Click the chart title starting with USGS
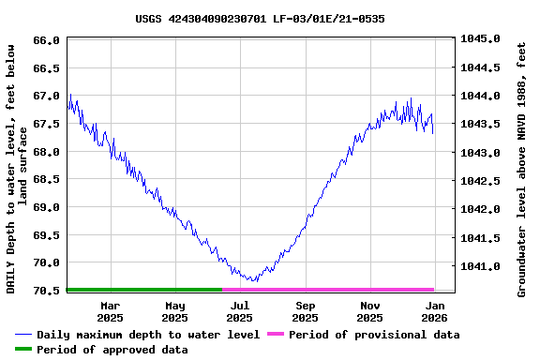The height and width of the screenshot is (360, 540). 260,19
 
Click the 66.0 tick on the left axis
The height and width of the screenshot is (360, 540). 47,40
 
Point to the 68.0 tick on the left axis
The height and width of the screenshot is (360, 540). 47,151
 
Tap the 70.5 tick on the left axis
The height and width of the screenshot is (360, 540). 47,291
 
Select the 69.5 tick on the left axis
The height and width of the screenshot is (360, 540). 47,234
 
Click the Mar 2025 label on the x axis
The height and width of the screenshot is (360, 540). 111,311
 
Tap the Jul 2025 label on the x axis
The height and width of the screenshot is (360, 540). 240,311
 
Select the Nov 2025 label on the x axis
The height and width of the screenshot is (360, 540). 370,311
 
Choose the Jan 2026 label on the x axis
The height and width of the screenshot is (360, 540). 435,311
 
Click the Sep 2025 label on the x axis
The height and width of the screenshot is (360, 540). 306,311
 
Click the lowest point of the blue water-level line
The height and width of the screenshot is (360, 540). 253,281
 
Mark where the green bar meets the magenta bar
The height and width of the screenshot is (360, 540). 223,290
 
